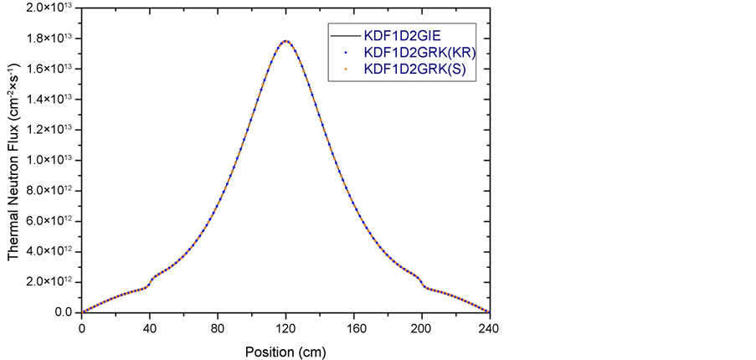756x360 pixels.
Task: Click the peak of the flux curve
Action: coord(286,40)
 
